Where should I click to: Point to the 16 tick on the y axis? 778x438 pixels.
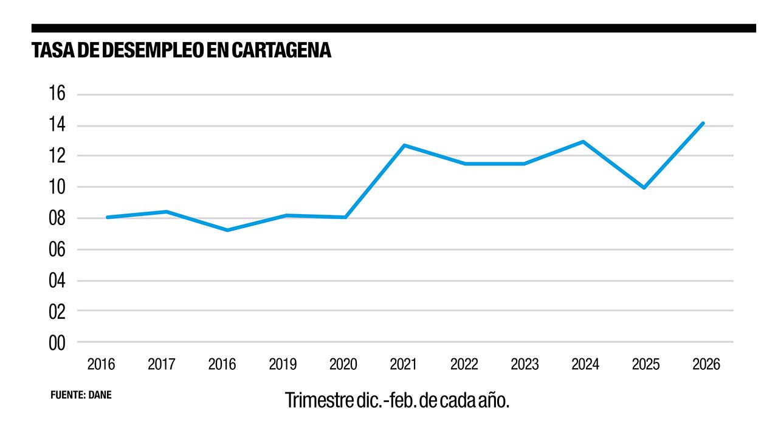57,94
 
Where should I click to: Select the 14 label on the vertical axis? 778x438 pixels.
57,126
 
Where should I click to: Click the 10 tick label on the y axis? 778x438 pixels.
57,187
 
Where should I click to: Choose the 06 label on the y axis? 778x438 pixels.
57,249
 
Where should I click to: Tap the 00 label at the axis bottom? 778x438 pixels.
57,343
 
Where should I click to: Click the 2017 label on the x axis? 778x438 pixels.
162,364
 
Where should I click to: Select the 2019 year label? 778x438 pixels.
283,364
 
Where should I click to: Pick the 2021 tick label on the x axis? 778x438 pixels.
404,364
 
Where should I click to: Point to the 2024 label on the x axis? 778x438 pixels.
585,364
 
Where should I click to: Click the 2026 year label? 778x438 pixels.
706,364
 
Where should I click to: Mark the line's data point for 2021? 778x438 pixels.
404,145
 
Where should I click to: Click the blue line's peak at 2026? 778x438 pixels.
703,123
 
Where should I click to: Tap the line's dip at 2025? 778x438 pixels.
644,187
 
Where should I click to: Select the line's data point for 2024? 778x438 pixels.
583,142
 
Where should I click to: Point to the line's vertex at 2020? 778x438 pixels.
345,217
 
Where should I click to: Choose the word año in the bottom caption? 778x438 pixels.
492,401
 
